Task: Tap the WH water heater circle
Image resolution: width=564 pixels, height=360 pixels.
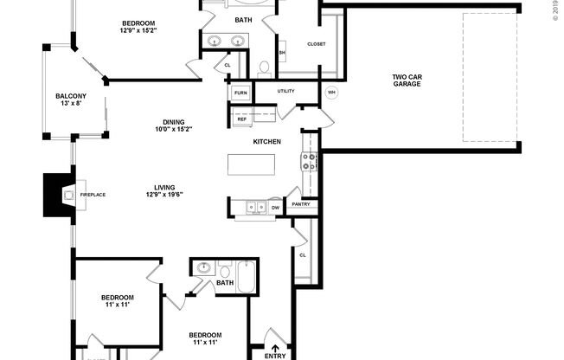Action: tap(331, 93)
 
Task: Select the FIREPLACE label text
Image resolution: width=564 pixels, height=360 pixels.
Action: tap(93, 196)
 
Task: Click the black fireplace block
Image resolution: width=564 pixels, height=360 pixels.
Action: tap(58, 195)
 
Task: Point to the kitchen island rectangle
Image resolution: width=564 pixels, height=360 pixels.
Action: tap(252, 164)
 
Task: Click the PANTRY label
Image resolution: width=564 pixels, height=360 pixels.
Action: tap(301, 205)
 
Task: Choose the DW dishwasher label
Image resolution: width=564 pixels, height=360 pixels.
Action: tap(275, 208)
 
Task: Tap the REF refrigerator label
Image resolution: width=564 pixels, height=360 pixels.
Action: tap(241, 119)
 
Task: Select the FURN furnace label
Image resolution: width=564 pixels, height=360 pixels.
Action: tap(240, 92)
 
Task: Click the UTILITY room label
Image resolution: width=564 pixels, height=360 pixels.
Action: tap(286, 91)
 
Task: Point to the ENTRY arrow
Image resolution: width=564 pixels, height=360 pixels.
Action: tap(274, 340)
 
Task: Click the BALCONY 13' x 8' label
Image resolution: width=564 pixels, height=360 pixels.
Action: tap(71, 100)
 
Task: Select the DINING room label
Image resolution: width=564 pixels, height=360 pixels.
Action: tap(173, 125)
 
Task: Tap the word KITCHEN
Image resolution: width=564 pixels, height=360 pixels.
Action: tap(267, 141)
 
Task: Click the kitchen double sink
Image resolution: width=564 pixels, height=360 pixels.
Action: tap(255, 207)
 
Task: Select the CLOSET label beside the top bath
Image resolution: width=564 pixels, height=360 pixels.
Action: tap(316, 44)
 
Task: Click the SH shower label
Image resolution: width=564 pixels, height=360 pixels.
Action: tap(282, 53)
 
